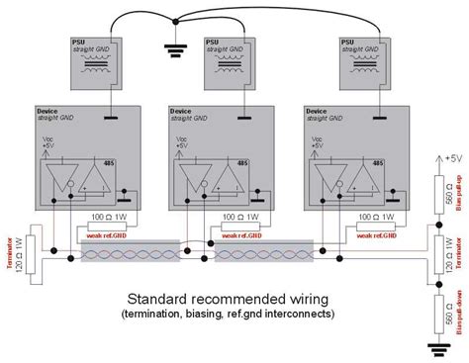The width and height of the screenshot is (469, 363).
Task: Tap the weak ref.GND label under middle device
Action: point(240,235)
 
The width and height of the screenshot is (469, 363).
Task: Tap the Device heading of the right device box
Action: point(318,112)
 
